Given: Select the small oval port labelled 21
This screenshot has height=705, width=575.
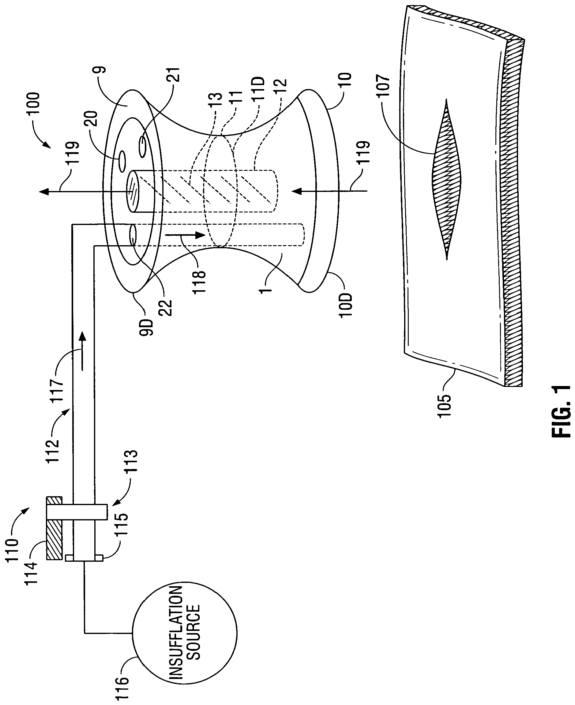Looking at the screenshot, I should pyautogui.click(x=143, y=147).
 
